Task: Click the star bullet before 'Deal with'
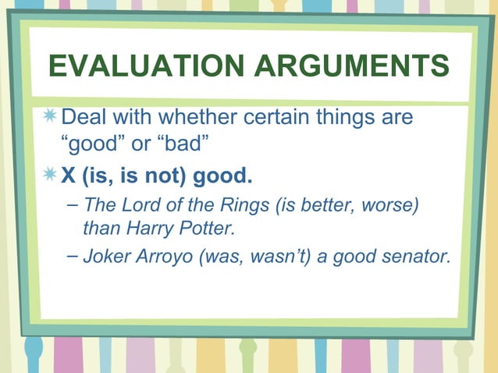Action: pos(50,118)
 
